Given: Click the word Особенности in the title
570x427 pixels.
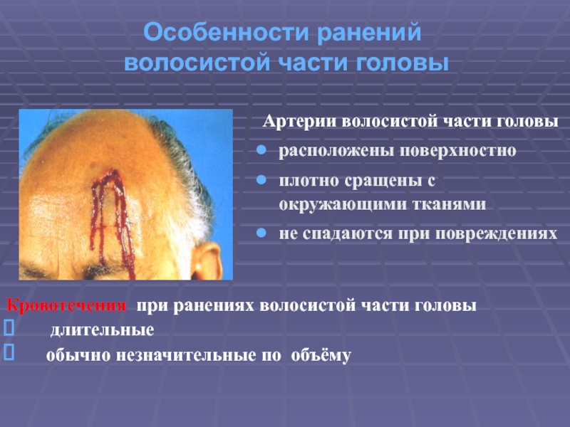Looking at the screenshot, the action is pos(227,32).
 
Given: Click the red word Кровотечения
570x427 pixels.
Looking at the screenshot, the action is pos(66,305).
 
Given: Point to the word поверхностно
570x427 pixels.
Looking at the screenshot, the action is pos(457,151).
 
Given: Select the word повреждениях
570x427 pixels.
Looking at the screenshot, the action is pos(496,234).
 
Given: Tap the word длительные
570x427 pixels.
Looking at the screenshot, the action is pos(102,330).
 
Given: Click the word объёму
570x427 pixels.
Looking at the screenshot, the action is pos(321,355).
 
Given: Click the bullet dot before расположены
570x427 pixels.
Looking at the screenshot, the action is pos(261,150).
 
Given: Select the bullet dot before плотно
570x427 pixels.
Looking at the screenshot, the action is pos(261,180).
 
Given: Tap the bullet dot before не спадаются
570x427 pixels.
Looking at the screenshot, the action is pos(261,233).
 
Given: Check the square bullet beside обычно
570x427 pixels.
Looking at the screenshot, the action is pos(9,352).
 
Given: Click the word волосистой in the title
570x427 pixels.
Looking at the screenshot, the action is pos(197,63).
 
